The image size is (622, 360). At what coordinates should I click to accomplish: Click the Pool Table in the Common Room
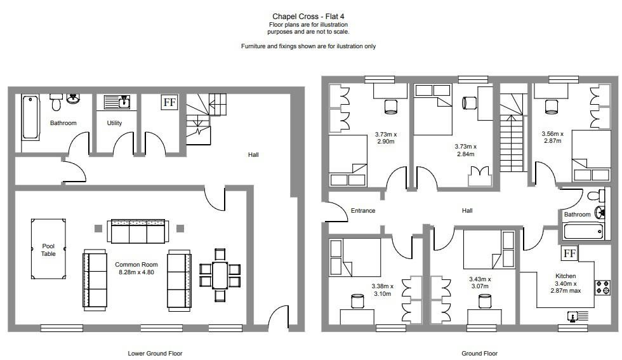coord(48,249)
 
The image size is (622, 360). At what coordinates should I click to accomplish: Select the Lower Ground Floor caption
coord(155,353)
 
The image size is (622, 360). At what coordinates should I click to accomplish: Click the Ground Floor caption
coord(479,353)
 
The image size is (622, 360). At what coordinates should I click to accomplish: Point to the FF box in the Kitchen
coord(569,253)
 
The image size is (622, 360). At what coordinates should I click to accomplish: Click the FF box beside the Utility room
coord(169,102)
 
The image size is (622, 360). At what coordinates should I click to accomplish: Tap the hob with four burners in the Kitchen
coord(601,288)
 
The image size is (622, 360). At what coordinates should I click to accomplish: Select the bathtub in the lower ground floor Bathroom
coord(30,117)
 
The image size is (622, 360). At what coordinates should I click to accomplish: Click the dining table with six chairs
coord(220,274)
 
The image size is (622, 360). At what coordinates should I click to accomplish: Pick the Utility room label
coord(114,123)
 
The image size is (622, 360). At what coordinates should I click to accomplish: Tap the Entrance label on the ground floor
coord(363,211)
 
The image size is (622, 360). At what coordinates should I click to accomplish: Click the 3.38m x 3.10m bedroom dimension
coord(383,290)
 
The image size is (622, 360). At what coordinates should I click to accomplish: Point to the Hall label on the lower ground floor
coord(253,154)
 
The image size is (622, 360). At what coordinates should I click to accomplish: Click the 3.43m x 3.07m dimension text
coord(480,283)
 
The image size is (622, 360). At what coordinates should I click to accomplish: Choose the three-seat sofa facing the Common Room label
coord(138,232)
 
